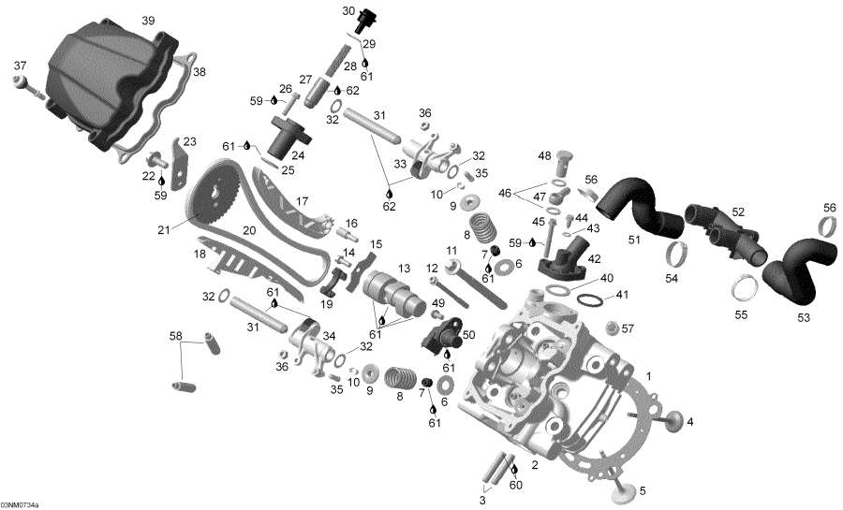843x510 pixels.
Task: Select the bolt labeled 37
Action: [x=27, y=87]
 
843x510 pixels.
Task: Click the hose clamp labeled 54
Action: [x=682, y=253]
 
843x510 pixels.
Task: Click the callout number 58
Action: [x=175, y=335]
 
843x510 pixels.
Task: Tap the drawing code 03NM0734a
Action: [x=20, y=504]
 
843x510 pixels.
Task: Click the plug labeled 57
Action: [x=614, y=328]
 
